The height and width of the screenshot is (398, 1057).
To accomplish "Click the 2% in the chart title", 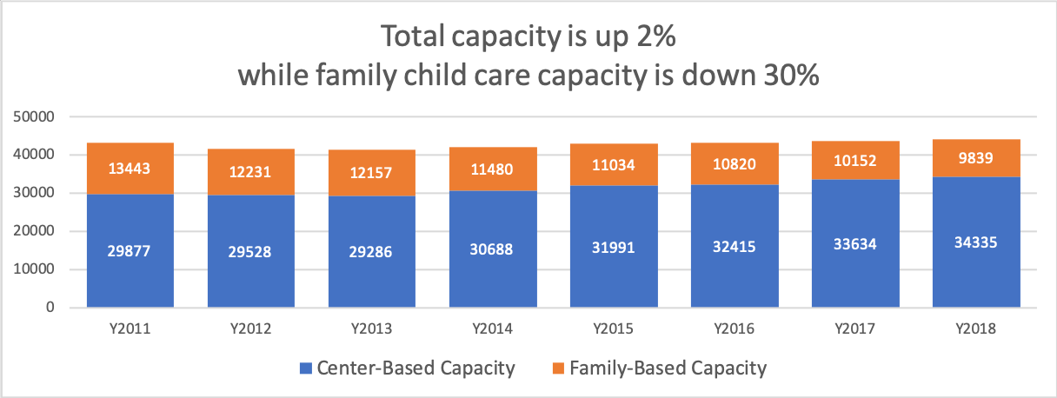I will [x=653, y=37].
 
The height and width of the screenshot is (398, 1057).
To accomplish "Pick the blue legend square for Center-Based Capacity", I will [x=303, y=368].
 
